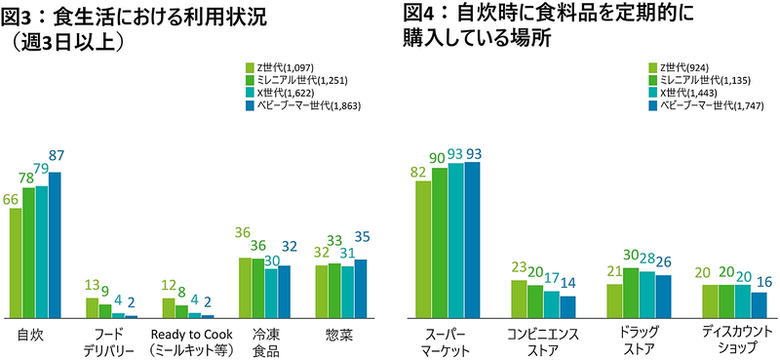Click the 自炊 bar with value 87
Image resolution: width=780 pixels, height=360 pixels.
click(55, 245)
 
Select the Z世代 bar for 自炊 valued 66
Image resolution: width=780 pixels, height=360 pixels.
click(17, 262)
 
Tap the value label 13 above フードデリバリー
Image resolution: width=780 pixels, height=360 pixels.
click(92, 285)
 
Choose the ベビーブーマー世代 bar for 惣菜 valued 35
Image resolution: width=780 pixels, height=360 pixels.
click(360, 289)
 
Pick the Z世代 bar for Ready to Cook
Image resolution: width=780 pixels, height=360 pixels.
click(168, 307)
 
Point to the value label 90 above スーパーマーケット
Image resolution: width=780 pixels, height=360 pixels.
click(439, 155)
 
